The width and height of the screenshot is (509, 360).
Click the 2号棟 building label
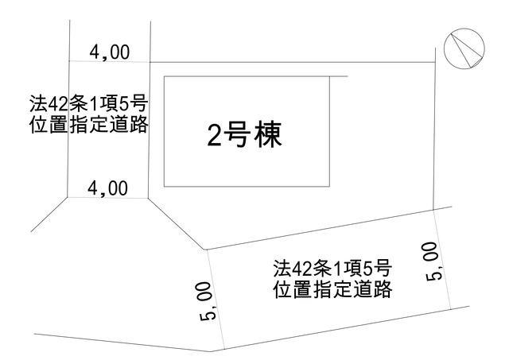(244, 135)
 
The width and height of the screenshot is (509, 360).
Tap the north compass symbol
(464, 48)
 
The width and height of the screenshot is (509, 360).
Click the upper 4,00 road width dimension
(110, 52)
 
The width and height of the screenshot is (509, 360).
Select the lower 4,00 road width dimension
(108, 189)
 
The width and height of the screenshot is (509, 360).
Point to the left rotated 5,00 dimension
(206, 301)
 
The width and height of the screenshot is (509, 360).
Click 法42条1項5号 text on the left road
(89, 104)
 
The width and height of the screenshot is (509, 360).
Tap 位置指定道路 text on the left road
(89, 125)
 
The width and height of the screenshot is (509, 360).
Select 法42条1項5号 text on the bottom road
(332, 269)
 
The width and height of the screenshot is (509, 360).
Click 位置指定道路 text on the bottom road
(332, 289)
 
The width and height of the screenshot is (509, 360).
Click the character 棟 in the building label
(268, 135)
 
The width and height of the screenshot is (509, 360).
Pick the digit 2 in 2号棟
(214, 136)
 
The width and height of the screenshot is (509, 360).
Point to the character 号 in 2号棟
(239, 135)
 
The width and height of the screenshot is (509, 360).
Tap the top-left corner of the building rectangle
(165, 76)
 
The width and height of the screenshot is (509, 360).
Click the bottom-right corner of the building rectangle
(329, 186)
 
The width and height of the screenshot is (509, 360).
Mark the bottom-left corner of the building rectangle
(165, 186)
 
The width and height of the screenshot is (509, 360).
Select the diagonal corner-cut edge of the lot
(177, 224)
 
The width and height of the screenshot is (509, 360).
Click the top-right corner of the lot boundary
(435, 62)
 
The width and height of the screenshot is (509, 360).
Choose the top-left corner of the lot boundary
(150, 62)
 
